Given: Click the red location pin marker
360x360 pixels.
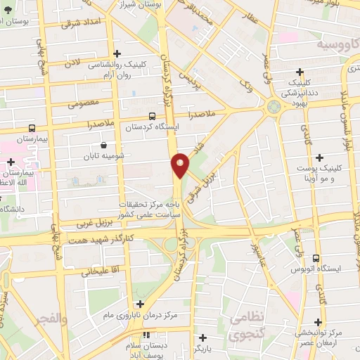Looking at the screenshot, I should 181,165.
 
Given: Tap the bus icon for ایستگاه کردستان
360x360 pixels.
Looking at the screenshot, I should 153,116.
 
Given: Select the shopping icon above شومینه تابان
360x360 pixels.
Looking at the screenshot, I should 104,146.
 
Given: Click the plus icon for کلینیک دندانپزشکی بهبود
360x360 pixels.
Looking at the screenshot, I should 300,71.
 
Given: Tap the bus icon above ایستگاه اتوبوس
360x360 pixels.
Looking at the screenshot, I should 316,258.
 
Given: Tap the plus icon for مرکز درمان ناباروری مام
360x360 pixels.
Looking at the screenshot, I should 140,304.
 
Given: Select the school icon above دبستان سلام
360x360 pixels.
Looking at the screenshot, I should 148,336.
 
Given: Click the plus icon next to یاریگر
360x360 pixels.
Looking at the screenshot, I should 203,337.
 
